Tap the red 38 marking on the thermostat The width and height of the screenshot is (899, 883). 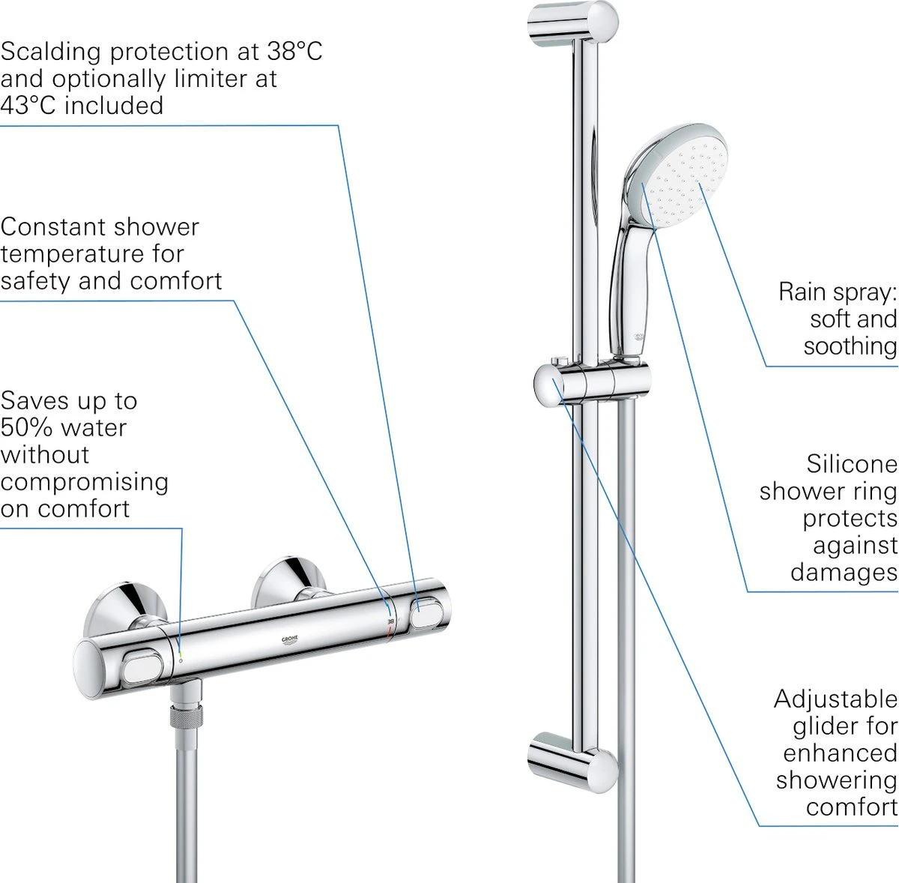tap(390, 621)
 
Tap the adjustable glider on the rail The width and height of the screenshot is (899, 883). tap(592, 382)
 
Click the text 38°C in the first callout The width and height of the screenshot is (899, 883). tap(294, 51)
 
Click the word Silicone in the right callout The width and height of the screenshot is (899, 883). tap(851, 464)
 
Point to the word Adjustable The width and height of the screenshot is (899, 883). tap(835, 699)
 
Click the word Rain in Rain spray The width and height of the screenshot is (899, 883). tap(802, 291)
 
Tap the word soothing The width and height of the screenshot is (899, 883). tap(850, 346)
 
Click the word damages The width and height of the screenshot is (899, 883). tap(843, 572)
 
